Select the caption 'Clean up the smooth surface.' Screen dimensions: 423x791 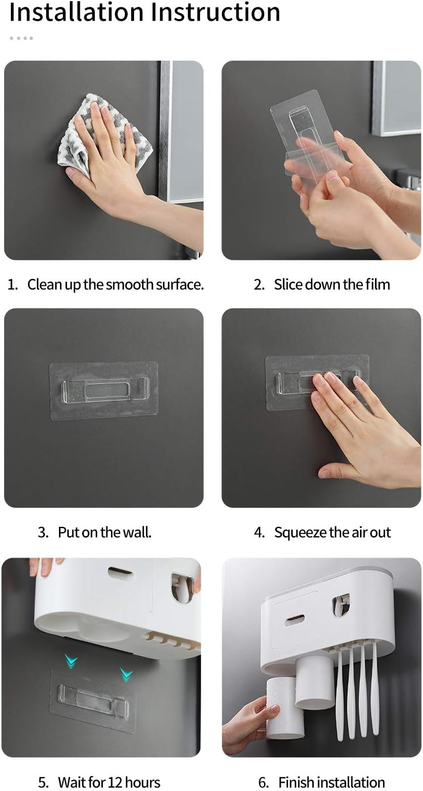point(116,285)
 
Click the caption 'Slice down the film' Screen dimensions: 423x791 point(332,285)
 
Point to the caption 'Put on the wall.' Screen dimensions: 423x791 point(105,532)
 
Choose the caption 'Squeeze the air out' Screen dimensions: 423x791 point(333,533)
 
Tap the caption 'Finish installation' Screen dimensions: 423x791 point(332,782)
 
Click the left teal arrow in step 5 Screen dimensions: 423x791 point(71,660)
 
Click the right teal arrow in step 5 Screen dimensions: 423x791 point(127,674)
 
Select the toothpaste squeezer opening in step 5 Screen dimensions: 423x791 point(181,587)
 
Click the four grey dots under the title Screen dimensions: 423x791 point(21,38)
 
